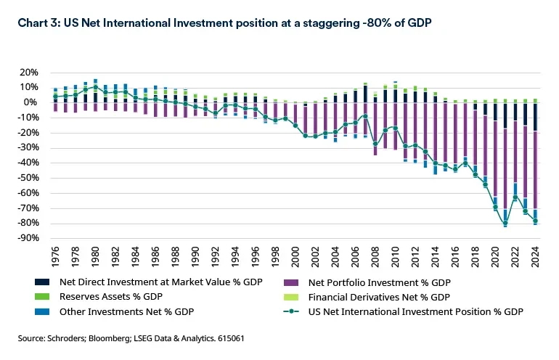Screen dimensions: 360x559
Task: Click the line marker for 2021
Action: tap(505, 224)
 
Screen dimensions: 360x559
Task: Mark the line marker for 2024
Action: tap(535, 221)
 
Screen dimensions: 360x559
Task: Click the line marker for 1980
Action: tap(95, 87)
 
